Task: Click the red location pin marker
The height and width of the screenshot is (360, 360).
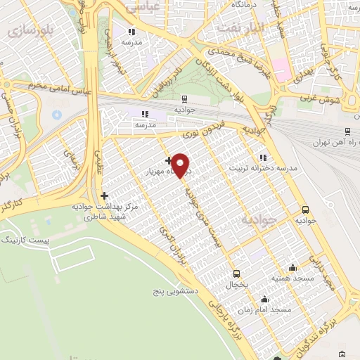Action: pyautogui.click(x=181, y=166)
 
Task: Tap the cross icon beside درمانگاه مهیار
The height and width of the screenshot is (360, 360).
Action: pyautogui.click(x=168, y=161)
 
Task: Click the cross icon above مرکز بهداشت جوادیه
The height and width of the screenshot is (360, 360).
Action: pyautogui.click(x=105, y=195)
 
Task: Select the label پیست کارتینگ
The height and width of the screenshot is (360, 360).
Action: pyautogui.click(x=27, y=240)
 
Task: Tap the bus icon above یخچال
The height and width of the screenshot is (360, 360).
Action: pyautogui.click(x=236, y=274)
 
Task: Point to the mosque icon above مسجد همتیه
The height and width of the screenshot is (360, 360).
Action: pyautogui.click(x=292, y=267)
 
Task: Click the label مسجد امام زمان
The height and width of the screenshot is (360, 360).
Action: pyautogui.click(x=266, y=309)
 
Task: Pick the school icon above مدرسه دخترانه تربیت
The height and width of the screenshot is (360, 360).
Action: pyautogui.click(x=263, y=157)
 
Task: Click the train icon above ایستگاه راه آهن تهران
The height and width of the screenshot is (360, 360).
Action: pyautogui.click(x=347, y=131)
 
